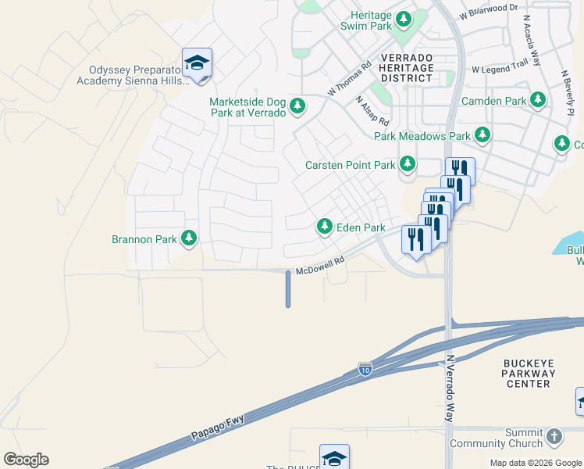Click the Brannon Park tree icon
coord(188,238)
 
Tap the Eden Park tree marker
coord(324,227)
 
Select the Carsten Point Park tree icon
coord(408,164)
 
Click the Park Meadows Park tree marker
coord(483,135)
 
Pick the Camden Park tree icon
coord(538,100)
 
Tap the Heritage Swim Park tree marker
coord(404,19)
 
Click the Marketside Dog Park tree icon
coord(297,106)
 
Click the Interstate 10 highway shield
coord(365,368)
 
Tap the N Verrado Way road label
coord(450,389)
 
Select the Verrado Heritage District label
coord(407,68)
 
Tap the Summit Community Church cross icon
coord(554,436)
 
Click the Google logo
coord(26,460)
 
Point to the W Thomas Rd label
coord(349,79)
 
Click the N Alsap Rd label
coord(372,111)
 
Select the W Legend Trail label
coord(500,70)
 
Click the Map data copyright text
coord(536,463)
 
